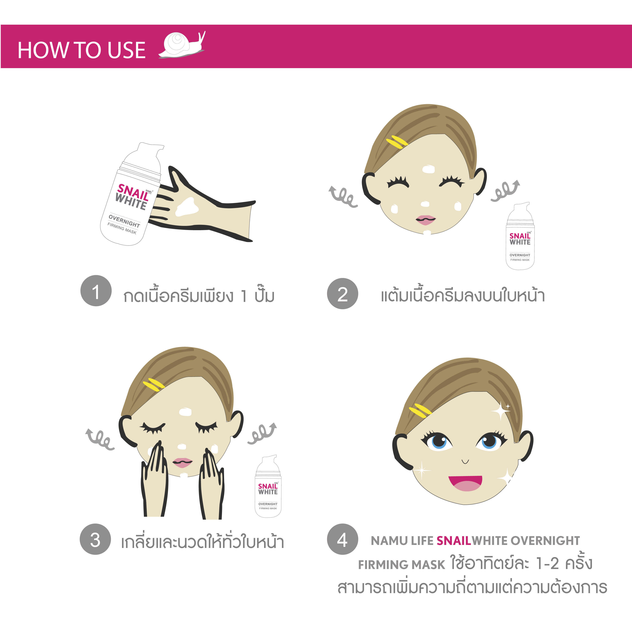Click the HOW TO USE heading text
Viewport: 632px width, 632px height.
tap(81, 50)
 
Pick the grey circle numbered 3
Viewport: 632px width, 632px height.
tap(95, 539)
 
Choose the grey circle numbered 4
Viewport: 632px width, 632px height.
tap(343, 539)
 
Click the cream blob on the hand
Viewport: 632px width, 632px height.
tap(187, 207)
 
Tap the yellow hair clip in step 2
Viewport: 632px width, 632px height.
tap(397, 142)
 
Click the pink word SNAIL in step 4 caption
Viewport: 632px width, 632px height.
tap(454, 541)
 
